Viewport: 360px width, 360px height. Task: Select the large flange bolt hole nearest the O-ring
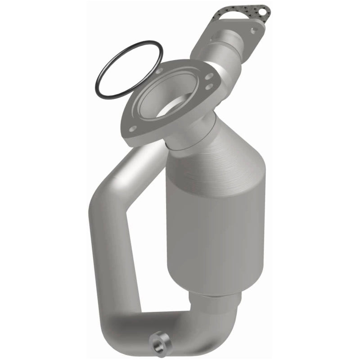pos(160,71)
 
